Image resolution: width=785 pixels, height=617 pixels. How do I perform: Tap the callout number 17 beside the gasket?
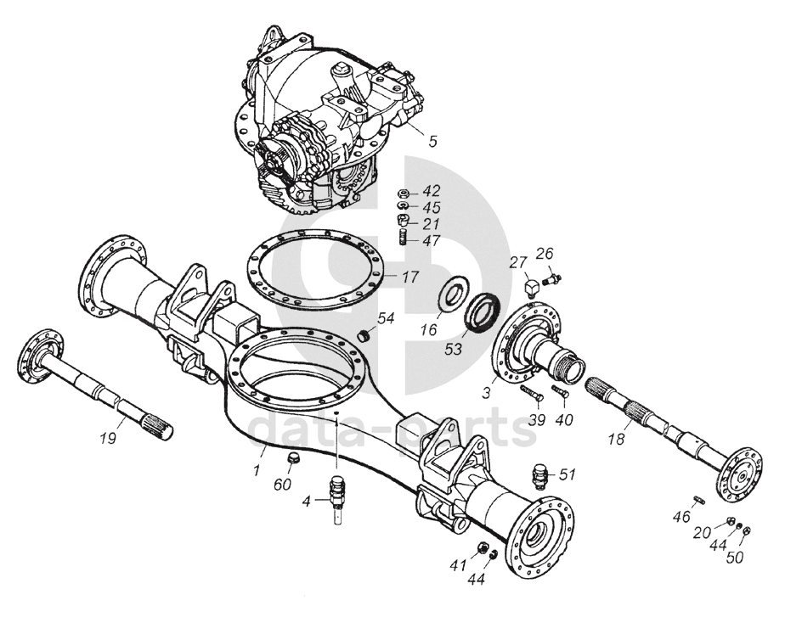click(x=410, y=277)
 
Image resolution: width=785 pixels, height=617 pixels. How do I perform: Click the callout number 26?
click(x=544, y=252)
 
